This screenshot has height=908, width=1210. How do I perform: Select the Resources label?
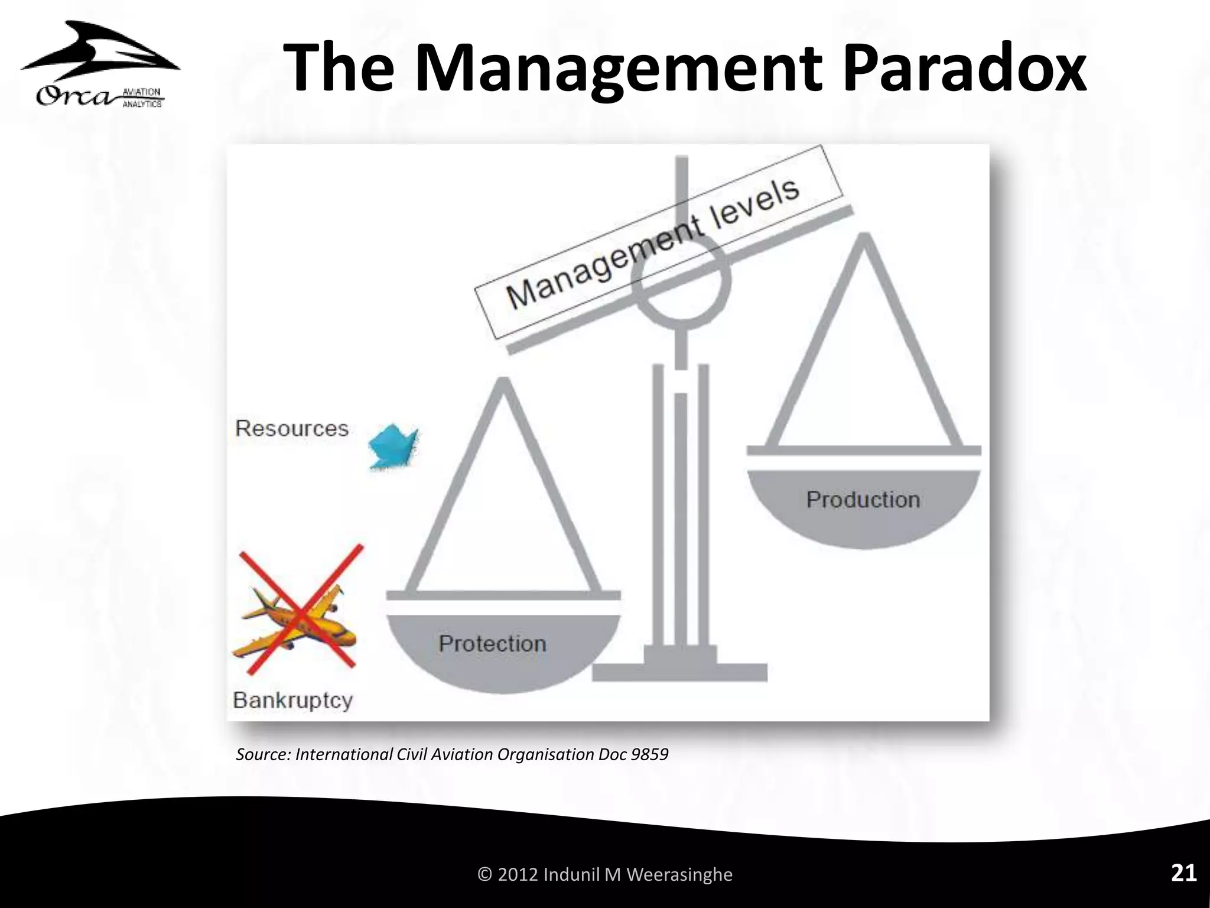coord(292,429)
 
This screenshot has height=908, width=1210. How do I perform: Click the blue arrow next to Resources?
coord(393,447)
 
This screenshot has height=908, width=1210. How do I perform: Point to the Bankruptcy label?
coord(293,701)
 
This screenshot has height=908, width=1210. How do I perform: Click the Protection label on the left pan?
coord(492,644)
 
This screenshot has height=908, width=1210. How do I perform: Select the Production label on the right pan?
coord(863,500)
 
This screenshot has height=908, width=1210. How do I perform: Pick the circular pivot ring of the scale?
coord(681,281)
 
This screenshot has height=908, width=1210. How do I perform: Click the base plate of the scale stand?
coord(679,672)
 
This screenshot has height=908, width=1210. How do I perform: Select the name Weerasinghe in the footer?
coord(679,874)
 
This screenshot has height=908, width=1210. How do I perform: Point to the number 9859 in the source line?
coord(649,755)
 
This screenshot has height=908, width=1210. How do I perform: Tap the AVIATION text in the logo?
coord(141,92)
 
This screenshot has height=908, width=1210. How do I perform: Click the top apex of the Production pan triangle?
coord(864,238)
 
